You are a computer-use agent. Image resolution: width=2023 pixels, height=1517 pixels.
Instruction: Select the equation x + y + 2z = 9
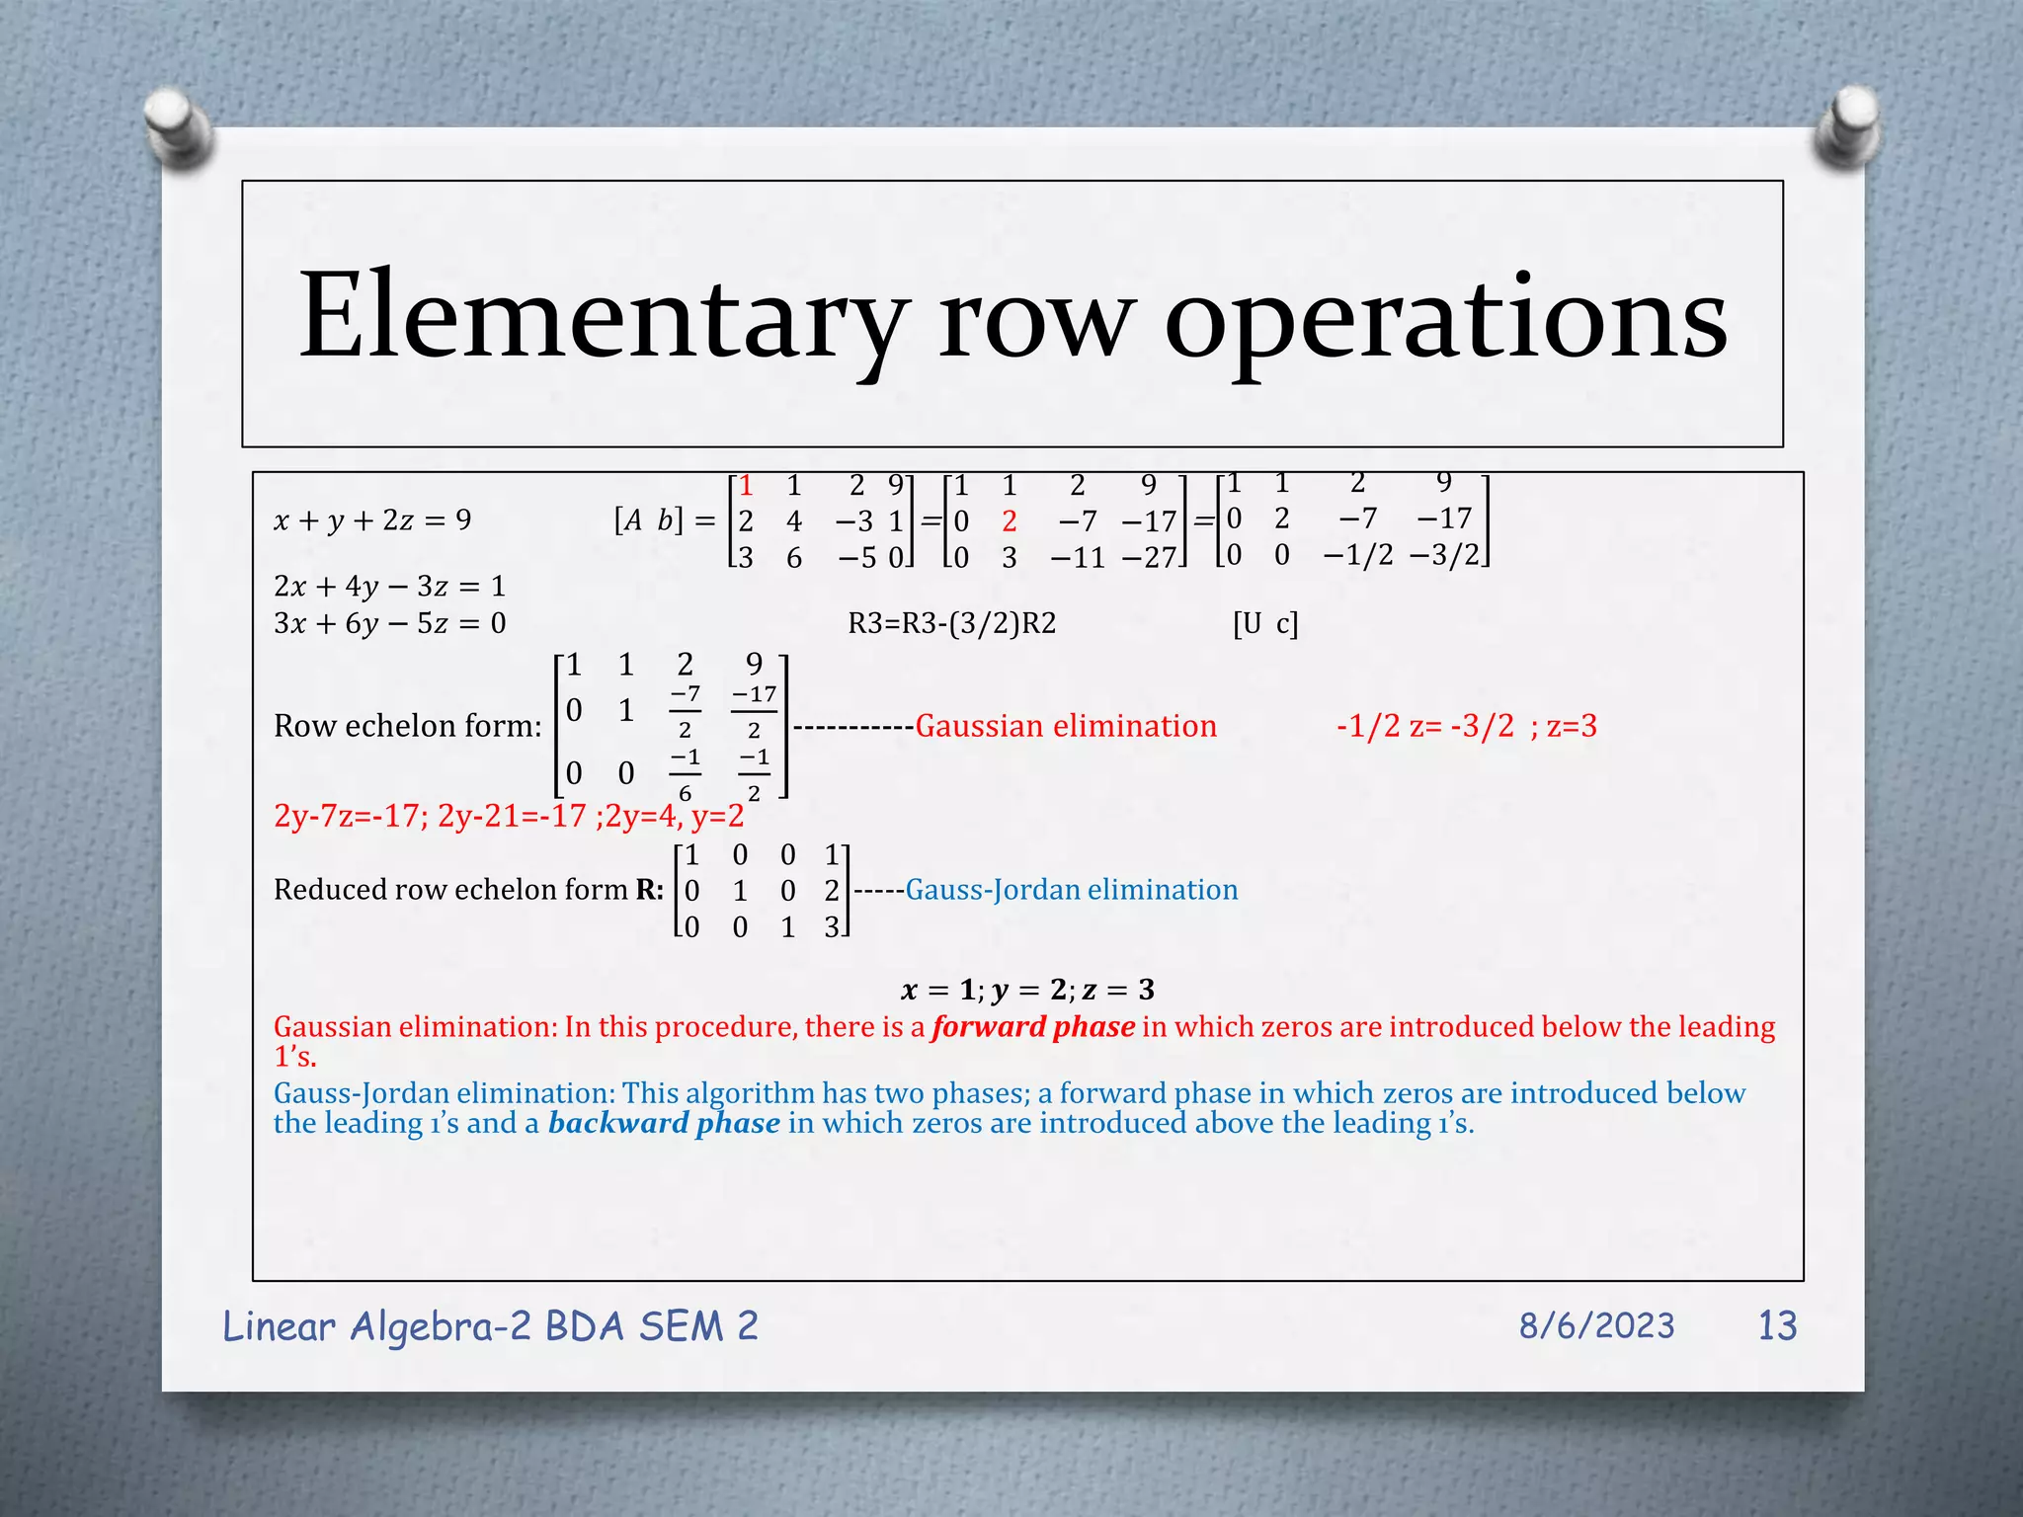(x=372, y=519)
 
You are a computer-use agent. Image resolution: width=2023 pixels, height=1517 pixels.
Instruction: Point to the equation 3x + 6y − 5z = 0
(x=389, y=623)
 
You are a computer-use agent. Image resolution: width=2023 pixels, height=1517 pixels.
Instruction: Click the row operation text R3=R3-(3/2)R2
(x=951, y=623)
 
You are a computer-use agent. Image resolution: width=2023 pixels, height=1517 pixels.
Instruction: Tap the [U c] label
(x=1265, y=623)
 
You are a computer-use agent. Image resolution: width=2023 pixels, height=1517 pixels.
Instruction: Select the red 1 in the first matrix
(x=746, y=485)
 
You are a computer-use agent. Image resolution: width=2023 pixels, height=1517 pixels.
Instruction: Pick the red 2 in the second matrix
(x=1009, y=520)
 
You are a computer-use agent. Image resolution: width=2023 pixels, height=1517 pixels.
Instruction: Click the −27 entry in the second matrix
(x=1148, y=558)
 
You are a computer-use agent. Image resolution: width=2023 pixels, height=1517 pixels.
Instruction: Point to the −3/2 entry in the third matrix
(x=1444, y=554)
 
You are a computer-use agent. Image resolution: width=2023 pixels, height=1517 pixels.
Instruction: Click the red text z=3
(x=1572, y=726)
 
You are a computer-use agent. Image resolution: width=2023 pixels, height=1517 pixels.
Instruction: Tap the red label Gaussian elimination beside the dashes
(x=1066, y=726)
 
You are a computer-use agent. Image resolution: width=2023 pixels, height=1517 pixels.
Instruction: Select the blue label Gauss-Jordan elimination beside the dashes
(x=1072, y=890)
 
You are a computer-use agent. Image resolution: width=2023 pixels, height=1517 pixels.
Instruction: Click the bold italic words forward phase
(x=1032, y=1027)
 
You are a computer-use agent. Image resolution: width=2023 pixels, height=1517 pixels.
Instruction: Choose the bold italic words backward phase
(x=664, y=1123)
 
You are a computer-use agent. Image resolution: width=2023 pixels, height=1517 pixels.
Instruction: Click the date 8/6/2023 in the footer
(x=1596, y=1325)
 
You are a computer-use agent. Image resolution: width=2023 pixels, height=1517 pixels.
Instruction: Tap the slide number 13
(x=1777, y=1325)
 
